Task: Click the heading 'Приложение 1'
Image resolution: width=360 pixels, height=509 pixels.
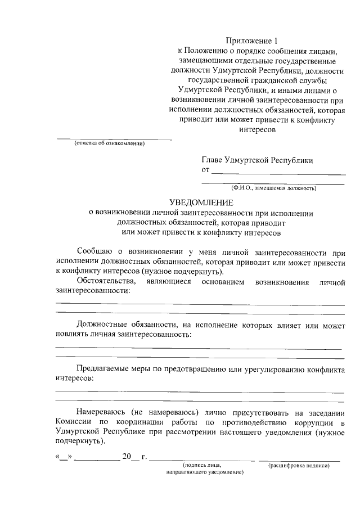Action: pyautogui.click(x=253, y=40)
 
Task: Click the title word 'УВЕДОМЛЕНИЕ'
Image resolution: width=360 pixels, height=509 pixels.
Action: pyautogui.click(x=201, y=202)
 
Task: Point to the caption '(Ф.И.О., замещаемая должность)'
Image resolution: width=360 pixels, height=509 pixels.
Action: pyautogui.click(x=273, y=188)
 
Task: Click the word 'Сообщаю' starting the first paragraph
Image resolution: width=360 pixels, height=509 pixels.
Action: pyautogui.click(x=95, y=250)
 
